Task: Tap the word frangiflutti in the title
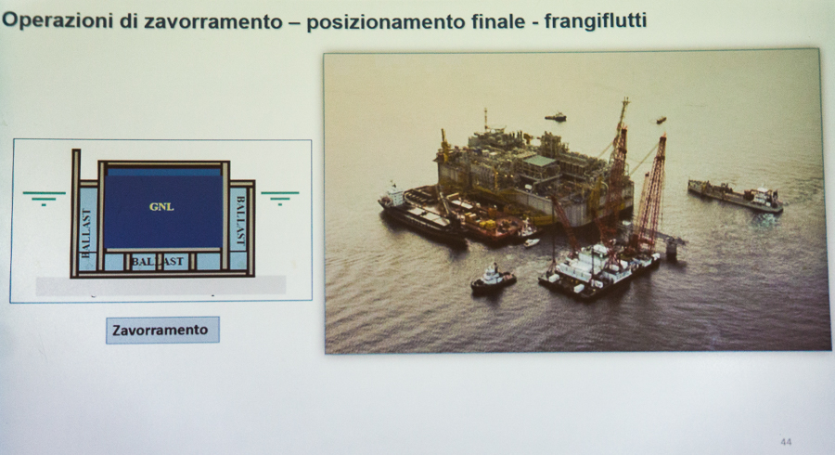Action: click(596, 20)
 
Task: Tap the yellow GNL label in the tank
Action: click(161, 207)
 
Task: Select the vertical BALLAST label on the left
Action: click(86, 233)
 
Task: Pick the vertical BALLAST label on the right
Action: click(240, 222)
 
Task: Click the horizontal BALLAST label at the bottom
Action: click(157, 262)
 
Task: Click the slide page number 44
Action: click(786, 442)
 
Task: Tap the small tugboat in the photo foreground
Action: click(494, 279)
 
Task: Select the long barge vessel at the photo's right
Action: click(736, 196)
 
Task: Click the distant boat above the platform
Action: click(555, 117)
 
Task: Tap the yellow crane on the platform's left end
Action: click(444, 146)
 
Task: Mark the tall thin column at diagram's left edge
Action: click(76, 213)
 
